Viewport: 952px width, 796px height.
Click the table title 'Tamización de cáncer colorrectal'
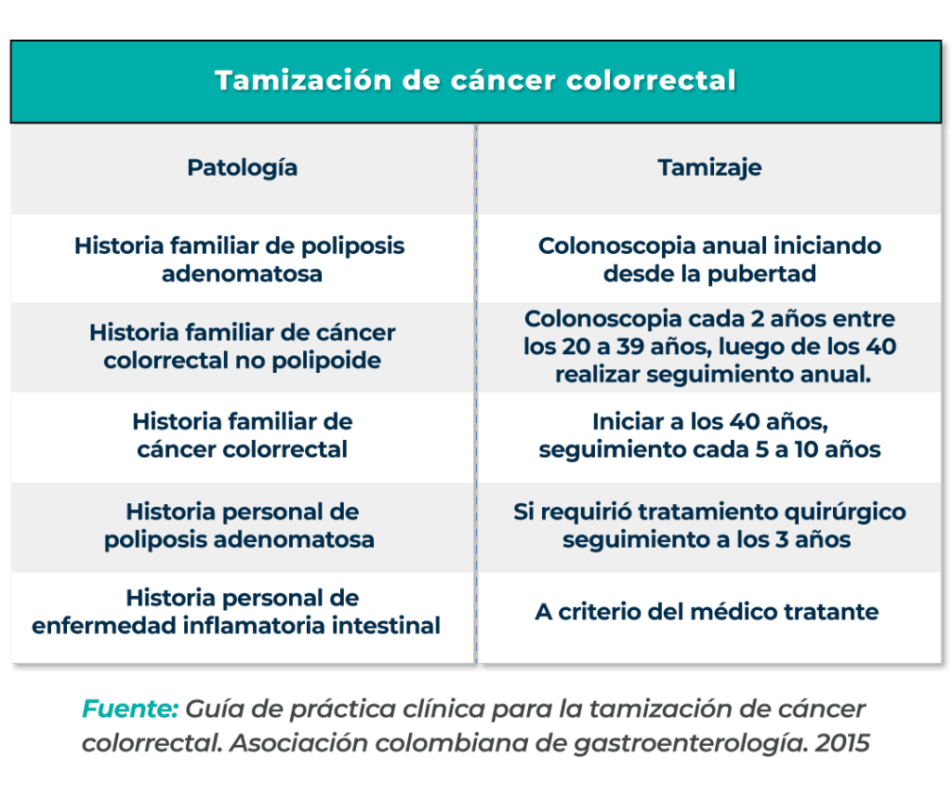[475, 81]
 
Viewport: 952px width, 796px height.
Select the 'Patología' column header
[243, 168]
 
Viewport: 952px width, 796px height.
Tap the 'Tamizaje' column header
[709, 168]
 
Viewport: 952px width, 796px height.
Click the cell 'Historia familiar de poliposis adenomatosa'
[240, 260]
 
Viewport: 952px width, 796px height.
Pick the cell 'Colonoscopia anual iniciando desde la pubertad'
[709, 260]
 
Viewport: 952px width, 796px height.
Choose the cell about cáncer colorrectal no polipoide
[243, 347]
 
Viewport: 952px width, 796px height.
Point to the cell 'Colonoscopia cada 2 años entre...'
[710, 347]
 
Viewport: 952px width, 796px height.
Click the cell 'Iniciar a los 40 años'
[709, 436]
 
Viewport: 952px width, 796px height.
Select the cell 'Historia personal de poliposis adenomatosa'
[240, 526]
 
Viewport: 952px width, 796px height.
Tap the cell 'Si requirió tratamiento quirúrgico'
[709, 526]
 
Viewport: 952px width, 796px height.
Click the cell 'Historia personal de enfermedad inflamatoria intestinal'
[236, 612]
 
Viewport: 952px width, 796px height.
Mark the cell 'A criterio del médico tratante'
[707, 613]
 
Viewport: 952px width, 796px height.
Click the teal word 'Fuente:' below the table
[130, 710]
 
